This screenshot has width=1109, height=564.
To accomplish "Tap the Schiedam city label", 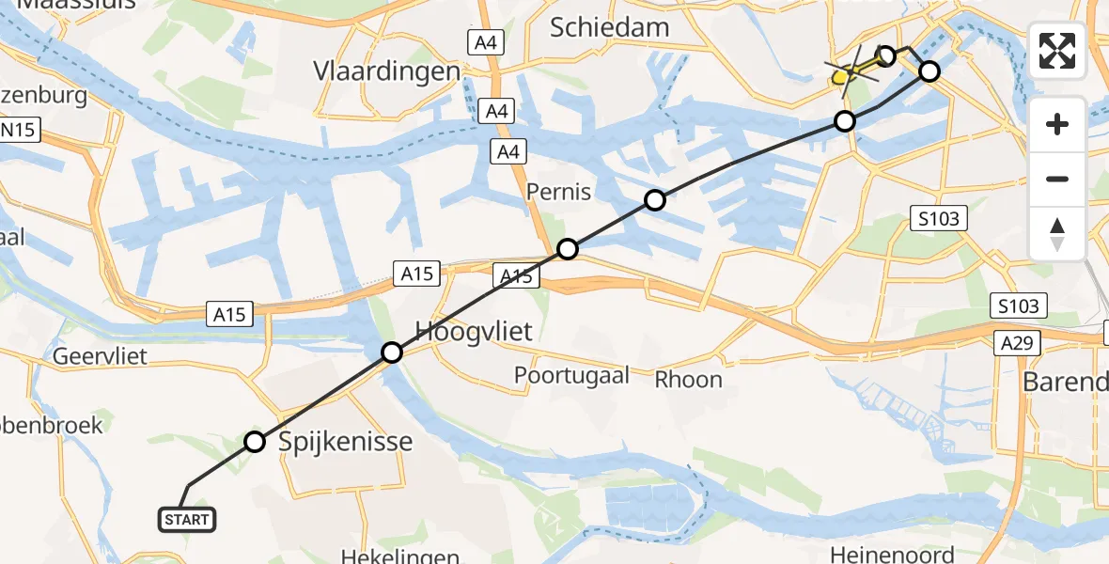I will pyautogui.click(x=610, y=27).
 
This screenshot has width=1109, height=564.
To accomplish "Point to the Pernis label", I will pyautogui.click(x=560, y=192).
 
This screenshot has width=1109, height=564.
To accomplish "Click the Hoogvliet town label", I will pyautogui.click(x=475, y=331).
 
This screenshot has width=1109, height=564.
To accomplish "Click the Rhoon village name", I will pyautogui.click(x=689, y=380).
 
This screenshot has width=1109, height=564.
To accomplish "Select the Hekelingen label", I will pyautogui.click(x=400, y=556).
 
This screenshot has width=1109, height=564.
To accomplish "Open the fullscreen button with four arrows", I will pyautogui.click(x=1057, y=51).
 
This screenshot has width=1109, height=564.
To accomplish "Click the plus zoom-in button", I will pyautogui.click(x=1057, y=124).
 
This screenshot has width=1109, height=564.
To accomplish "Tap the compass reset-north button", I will pyautogui.click(x=1057, y=233).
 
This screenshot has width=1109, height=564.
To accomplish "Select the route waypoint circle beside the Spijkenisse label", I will pyautogui.click(x=255, y=441).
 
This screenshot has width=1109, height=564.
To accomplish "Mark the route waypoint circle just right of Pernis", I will pyautogui.click(x=655, y=200).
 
